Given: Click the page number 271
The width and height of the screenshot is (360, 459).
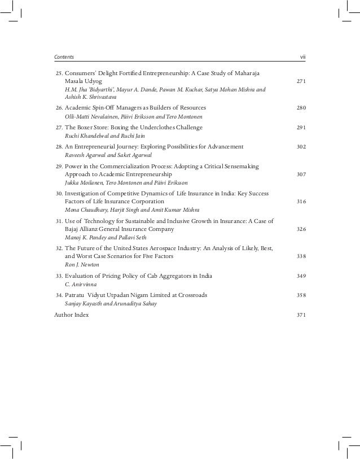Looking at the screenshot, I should (x=301, y=81).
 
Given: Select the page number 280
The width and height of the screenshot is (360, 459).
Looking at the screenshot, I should (x=301, y=107).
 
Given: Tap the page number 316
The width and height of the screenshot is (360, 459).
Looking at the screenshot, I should (x=301, y=202).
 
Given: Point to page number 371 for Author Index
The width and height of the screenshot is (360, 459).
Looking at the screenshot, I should (x=301, y=314).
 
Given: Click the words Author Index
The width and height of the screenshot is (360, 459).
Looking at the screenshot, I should (x=71, y=314).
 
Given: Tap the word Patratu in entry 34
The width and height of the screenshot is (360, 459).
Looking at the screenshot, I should (x=76, y=295).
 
